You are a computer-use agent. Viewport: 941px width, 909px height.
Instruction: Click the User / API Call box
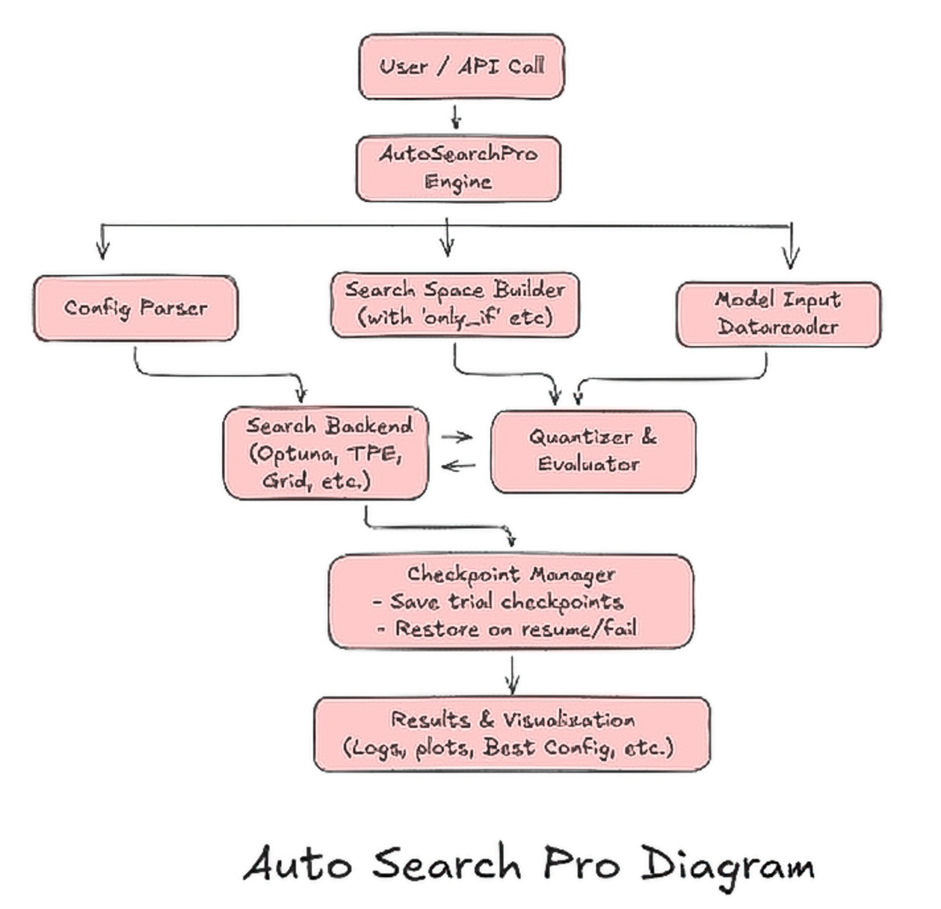click(461, 67)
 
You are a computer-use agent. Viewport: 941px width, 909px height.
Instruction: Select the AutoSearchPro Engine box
click(459, 168)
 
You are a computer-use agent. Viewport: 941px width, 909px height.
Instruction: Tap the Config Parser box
click(135, 308)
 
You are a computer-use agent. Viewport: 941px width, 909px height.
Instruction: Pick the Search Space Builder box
click(455, 304)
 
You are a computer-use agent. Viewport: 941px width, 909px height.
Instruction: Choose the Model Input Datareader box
click(778, 313)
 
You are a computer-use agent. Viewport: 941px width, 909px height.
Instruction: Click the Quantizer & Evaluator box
click(593, 451)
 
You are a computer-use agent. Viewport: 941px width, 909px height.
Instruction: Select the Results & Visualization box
click(512, 733)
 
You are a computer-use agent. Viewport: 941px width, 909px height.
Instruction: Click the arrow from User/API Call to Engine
click(456, 118)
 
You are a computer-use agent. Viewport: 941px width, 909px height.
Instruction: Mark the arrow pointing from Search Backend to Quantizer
click(457, 436)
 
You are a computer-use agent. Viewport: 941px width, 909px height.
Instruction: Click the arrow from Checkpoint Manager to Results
click(512, 675)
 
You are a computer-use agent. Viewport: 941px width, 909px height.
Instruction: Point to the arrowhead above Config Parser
click(102, 249)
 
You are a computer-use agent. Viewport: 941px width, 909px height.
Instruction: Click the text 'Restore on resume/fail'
click(515, 628)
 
